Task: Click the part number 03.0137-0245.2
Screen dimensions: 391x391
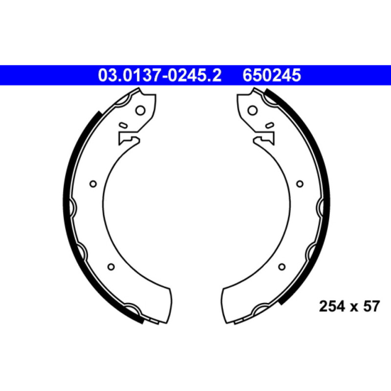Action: point(160,76)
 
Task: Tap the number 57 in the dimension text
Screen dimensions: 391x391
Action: point(371,307)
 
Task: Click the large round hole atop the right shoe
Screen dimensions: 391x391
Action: point(253,110)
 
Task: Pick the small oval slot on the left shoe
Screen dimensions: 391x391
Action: point(123,126)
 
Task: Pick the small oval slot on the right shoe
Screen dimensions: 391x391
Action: point(269,126)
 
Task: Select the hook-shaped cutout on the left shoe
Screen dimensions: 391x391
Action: point(128,139)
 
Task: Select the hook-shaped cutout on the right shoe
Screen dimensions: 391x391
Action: point(264,139)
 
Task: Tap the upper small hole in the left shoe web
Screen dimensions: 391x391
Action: point(93,184)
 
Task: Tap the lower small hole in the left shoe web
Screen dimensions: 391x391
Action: point(111,266)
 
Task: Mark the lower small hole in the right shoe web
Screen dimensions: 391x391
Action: point(281,266)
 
